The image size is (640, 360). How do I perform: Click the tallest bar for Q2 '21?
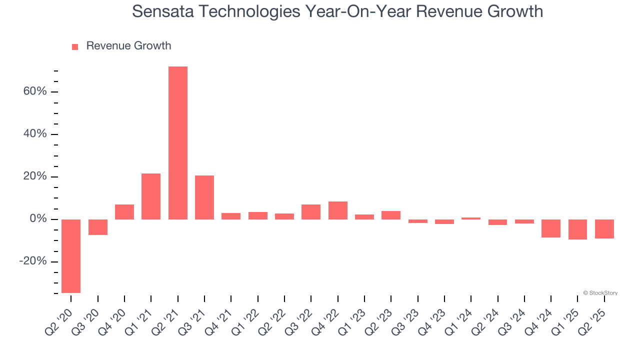coord(177,143)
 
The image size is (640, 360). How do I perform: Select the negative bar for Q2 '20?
coord(71,256)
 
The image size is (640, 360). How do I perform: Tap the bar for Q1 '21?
coord(151,196)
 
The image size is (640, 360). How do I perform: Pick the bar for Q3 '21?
coord(204,197)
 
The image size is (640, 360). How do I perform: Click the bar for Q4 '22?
coord(337,210)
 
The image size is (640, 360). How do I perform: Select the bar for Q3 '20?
coord(98,227)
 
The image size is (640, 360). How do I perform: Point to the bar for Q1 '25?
coord(577,229)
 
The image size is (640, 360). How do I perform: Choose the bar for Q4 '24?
coord(551,228)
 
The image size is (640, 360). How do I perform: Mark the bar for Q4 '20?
coord(124,212)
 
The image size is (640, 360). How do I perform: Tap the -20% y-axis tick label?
coord(32,262)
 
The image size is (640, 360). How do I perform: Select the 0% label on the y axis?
coord(37,219)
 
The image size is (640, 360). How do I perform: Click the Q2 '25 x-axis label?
coord(593,320)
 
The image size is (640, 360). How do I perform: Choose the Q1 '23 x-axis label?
coord(353,320)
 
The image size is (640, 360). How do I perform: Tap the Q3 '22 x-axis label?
coord(299,320)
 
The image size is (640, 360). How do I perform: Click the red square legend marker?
coord(75,46)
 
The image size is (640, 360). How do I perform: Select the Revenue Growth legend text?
coord(128,46)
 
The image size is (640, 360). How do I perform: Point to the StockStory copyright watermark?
coord(600,293)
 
